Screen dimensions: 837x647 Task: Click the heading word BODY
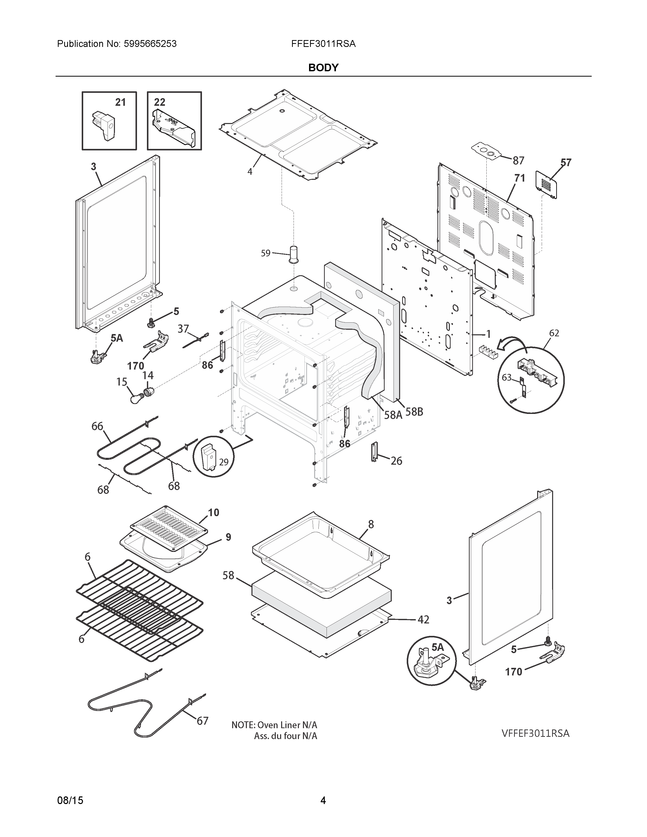pos(323,67)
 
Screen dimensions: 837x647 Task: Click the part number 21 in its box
pos(120,102)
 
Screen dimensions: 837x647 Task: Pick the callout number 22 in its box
pos(159,102)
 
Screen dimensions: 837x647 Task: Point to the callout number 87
pos(518,161)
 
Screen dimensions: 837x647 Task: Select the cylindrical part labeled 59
pos(294,254)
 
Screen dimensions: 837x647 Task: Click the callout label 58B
pos(414,412)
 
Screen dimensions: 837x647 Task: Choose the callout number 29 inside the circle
pos(224,462)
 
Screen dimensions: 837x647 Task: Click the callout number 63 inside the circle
pos(506,377)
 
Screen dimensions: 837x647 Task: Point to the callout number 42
pos(423,619)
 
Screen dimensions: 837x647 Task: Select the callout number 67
pos(202,721)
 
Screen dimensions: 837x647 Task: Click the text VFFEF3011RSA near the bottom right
pos(535,733)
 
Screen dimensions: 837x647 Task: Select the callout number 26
pos(396,461)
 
